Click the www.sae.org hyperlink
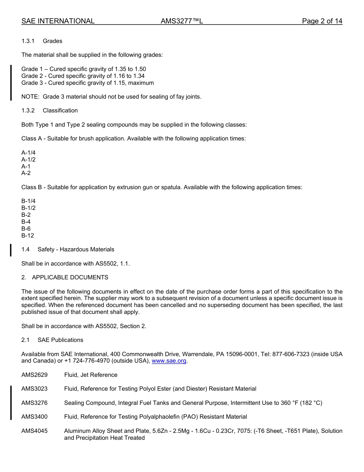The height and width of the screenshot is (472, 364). (x=169, y=361)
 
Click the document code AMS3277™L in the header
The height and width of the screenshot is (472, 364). (x=182, y=21)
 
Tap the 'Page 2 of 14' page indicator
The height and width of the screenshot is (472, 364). (x=322, y=21)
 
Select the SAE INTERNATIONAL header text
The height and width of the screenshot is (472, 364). (x=58, y=21)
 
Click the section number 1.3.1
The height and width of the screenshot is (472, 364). (x=28, y=41)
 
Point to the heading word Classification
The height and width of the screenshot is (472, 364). (x=60, y=111)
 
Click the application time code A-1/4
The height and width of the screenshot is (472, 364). (x=28, y=153)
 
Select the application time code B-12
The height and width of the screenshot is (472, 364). (x=28, y=236)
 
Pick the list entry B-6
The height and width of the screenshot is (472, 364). (x=26, y=229)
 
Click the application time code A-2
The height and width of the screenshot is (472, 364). (x=26, y=173)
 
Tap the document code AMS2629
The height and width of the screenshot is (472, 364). (x=34, y=375)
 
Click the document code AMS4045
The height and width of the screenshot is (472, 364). (x=34, y=431)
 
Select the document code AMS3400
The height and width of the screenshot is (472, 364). (x=34, y=417)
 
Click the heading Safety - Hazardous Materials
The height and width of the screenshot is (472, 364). (x=76, y=249)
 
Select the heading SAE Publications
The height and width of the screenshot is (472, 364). (x=60, y=340)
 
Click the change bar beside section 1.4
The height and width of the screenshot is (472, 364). (x=11, y=249)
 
